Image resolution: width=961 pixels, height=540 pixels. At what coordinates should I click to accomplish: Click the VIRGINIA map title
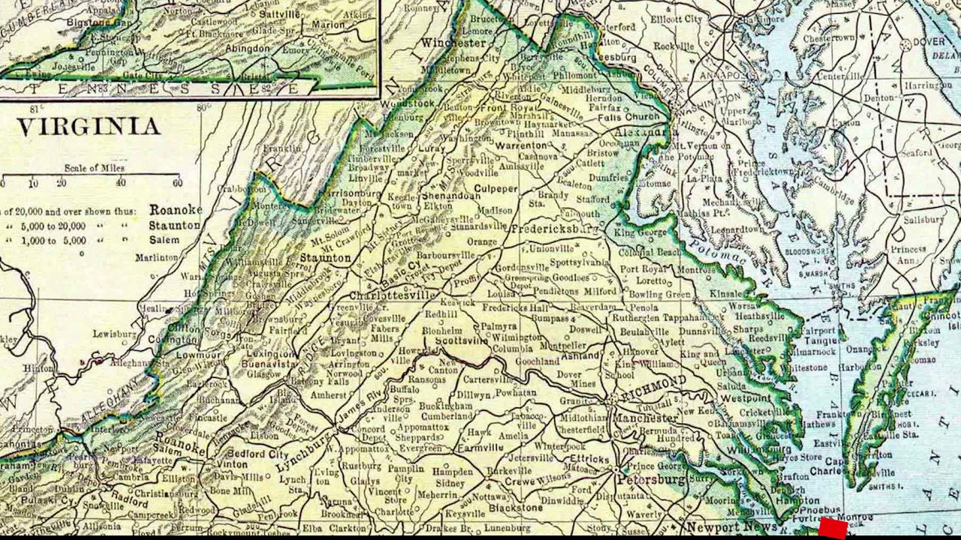coord(89,126)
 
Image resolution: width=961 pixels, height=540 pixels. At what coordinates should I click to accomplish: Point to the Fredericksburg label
coord(554,226)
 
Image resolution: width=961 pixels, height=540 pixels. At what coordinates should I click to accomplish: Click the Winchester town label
coord(453,43)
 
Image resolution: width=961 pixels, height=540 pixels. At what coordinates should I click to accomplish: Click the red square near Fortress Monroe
coord(833,529)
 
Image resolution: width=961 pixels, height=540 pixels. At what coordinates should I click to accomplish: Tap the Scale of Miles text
coord(92,168)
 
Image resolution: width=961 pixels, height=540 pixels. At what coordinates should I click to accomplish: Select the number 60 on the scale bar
coord(176,183)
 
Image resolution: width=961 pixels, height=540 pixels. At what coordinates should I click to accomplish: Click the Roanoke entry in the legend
coord(175,210)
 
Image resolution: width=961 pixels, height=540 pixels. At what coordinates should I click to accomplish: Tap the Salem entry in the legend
coord(164,241)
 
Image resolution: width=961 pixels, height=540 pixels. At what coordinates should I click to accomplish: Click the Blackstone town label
coord(515,508)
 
